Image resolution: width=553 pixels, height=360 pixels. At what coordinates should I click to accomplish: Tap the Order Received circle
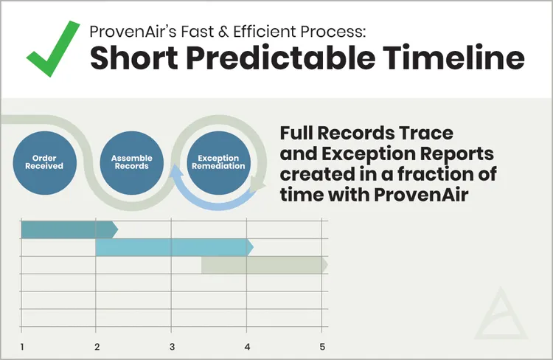coord(44,163)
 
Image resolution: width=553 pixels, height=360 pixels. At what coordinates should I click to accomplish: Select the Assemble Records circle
coord(131,163)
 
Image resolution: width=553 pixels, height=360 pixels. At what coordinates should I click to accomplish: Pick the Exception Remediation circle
coord(219,163)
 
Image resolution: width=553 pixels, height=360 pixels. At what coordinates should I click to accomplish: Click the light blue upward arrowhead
coord(175,171)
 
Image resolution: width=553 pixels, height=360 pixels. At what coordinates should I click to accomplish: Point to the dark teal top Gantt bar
coord(69,229)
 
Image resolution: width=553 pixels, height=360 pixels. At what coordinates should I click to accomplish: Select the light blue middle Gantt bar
coord(175,247)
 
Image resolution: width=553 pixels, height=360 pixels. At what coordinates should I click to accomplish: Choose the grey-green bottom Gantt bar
coord(265,265)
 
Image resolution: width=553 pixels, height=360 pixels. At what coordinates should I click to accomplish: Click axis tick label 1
coord(22,347)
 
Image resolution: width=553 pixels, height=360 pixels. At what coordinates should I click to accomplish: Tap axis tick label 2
coord(97,347)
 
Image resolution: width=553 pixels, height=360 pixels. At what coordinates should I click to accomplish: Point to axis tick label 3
coord(172,347)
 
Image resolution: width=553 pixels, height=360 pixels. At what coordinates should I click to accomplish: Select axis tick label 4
coord(247,347)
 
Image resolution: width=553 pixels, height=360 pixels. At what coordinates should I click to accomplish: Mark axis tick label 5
coord(322,347)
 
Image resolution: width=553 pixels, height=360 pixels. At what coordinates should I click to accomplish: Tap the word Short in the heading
coord(134,58)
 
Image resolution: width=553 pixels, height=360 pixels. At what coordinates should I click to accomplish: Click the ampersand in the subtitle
coord(223,32)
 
